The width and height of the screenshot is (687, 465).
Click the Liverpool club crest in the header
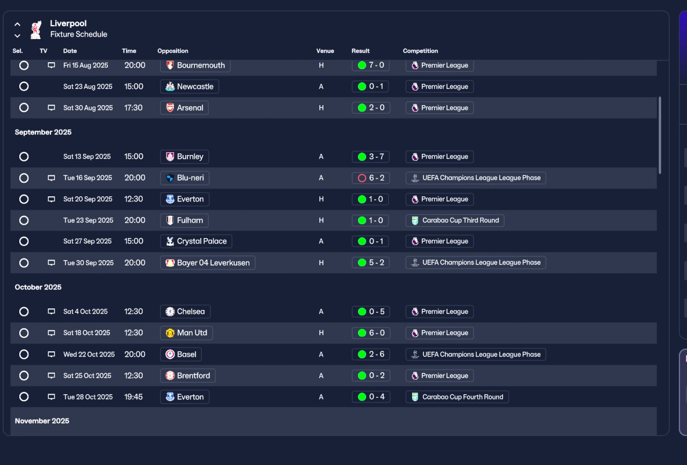[x=36, y=29]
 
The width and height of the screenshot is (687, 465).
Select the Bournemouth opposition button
[x=195, y=65]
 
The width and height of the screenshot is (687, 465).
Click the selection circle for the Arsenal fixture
[x=24, y=108]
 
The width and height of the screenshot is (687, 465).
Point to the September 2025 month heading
[x=43, y=132]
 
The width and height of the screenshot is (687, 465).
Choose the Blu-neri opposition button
[x=185, y=178]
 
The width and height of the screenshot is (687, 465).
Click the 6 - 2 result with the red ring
[x=371, y=178]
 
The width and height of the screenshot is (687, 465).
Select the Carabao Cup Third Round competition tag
[x=455, y=220]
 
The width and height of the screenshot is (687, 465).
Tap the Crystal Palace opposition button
[x=196, y=241]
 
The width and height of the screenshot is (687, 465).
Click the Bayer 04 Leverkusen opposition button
[x=208, y=263]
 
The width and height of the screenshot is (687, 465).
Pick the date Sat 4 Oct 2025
[x=85, y=312]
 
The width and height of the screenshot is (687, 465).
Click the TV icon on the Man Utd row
[x=51, y=333]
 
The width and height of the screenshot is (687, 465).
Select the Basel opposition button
[x=181, y=355]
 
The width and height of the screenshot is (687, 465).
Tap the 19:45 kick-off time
[x=134, y=397]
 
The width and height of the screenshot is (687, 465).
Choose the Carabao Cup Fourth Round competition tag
[x=457, y=397]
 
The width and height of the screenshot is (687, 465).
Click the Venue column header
[x=325, y=51]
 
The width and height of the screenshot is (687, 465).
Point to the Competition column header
[x=420, y=51]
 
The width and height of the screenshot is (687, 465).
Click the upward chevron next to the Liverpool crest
[x=18, y=24]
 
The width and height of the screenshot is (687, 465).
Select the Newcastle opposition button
[x=189, y=86]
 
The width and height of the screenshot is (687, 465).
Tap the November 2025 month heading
[x=42, y=421]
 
